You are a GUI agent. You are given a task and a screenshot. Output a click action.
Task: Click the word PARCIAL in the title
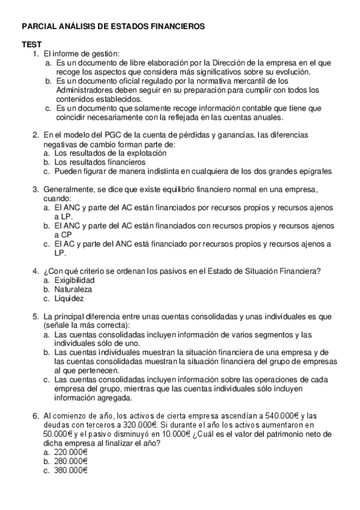[39, 27]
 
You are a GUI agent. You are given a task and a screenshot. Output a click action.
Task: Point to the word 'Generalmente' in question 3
[69, 189]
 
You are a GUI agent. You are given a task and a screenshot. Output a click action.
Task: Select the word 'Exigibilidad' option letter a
[47, 280]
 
